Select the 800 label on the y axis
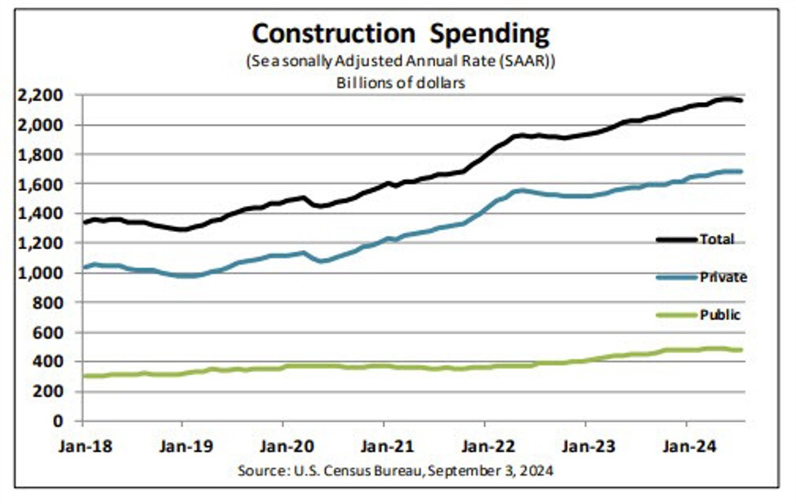(x=51, y=302)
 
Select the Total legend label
(x=717, y=239)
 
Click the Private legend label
(x=723, y=277)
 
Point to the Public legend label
(x=719, y=314)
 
